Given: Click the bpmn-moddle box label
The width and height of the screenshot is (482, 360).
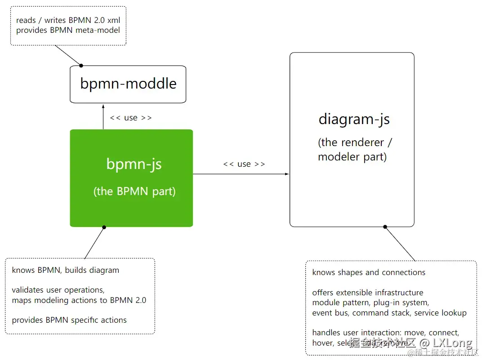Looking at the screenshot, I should [128, 84].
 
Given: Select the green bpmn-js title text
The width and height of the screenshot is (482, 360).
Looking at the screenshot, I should [134, 164].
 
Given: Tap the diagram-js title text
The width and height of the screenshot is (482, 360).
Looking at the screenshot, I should [354, 120].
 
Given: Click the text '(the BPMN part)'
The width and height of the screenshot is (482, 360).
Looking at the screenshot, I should [134, 191].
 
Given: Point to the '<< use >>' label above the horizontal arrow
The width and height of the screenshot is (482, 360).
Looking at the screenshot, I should [244, 164].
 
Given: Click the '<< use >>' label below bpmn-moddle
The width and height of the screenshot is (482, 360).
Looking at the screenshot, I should [130, 118].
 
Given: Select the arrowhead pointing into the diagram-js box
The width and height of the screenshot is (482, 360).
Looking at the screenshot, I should [287, 174].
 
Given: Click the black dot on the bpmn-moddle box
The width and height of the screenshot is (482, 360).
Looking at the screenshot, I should [81, 66].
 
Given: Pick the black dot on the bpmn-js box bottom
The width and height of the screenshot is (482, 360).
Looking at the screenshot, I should [104, 227].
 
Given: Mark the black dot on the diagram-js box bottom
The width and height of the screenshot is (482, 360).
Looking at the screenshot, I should [385, 227].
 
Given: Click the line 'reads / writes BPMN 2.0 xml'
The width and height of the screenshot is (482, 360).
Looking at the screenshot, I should [68, 20].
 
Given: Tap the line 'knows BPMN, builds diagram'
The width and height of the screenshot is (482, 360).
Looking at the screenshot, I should [66, 270].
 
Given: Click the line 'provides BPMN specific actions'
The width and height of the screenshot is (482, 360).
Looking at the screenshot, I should [69, 320].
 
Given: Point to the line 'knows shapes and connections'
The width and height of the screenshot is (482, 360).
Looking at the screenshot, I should [369, 272].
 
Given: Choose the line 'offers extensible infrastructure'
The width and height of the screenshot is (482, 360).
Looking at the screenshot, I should [368, 293].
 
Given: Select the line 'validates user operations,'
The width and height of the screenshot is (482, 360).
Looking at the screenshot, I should [58, 290].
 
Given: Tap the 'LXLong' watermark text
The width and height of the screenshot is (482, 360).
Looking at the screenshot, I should [453, 343].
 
